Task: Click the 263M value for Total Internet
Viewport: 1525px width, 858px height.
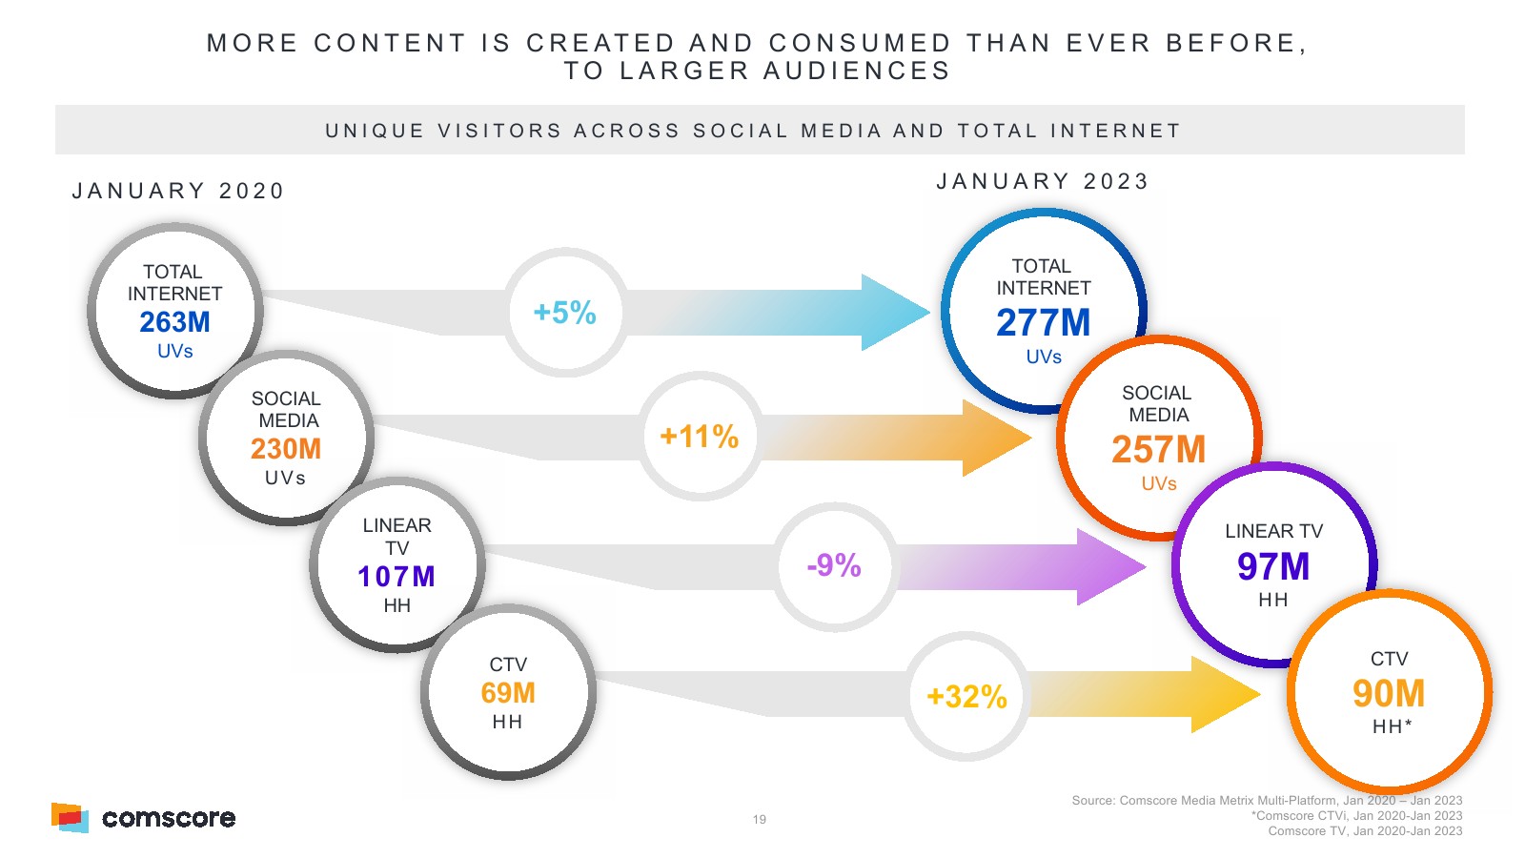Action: [174, 322]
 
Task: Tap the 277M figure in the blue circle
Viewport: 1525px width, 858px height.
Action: [1043, 323]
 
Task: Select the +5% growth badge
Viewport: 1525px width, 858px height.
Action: [565, 313]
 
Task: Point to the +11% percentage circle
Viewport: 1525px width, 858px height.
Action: [700, 437]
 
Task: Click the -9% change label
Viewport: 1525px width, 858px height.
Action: [834, 565]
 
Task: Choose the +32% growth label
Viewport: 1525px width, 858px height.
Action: [966, 697]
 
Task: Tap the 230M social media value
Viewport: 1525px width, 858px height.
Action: [286, 449]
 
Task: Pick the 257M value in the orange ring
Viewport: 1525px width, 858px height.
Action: [1158, 450]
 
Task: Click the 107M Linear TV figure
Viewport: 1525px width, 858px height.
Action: [396, 577]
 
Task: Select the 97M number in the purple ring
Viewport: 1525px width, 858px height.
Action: [1273, 567]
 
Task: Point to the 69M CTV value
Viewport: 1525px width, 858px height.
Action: [508, 693]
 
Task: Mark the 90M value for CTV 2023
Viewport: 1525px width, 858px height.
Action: [1389, 694]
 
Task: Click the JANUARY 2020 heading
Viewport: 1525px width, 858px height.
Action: [178, 192]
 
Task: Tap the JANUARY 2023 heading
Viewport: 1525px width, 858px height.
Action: [1043, 182]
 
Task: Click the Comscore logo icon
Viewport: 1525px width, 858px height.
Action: [70, 818]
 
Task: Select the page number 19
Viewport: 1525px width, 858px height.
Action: [760, 819]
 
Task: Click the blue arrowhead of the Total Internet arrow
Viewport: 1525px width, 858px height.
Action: [891, 313]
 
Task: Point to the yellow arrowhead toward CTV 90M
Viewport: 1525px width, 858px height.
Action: [1222, 695]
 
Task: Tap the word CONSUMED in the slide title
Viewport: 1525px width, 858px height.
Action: [860, 44]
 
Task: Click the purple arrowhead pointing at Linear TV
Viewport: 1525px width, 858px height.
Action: [1108, 567]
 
